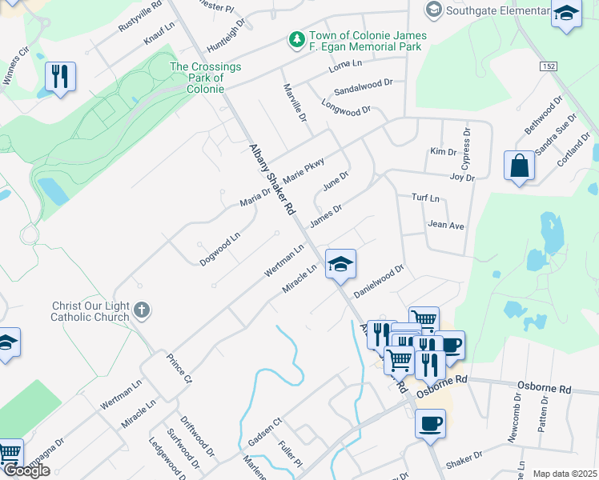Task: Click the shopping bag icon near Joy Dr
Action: [x=519, y=166]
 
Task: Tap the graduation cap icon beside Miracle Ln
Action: [x=340, y=264]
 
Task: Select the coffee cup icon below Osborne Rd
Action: [x=431, y=422]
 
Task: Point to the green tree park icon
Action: [x=296, y=38]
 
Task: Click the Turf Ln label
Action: [x=425, y=197]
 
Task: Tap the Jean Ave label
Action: [x=446, y=226]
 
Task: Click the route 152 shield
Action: [x=548, y=66]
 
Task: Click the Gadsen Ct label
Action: [x=266, y=432]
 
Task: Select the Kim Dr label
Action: [x=442, y=151]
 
